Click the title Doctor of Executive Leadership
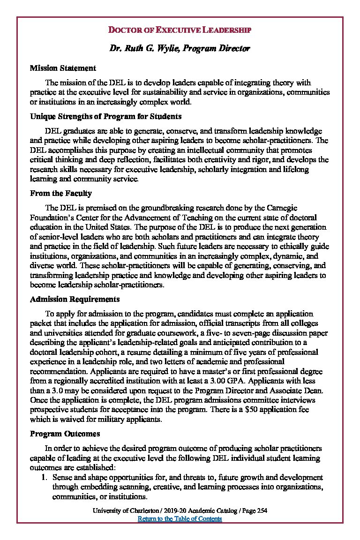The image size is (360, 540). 180,30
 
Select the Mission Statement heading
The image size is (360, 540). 63,68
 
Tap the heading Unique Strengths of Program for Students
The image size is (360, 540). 105,116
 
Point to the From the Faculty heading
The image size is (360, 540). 60,193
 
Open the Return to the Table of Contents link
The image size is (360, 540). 180,518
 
